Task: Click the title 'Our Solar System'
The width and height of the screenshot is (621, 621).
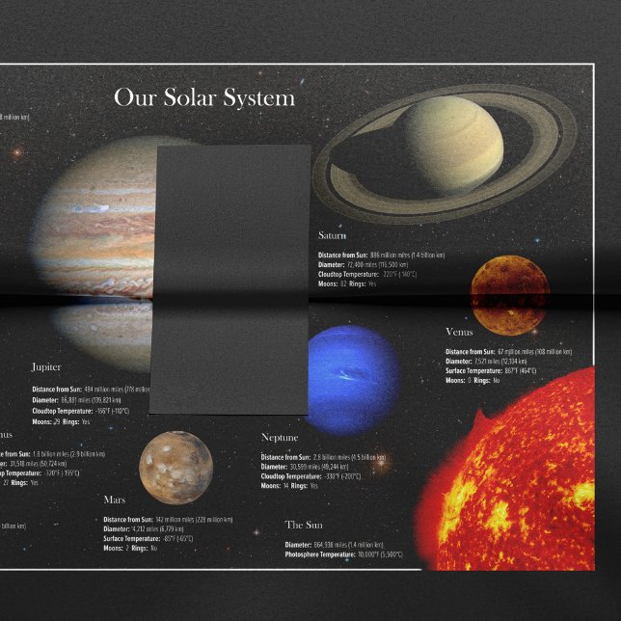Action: click(x=204, y=98)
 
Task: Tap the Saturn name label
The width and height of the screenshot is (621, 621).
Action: click(x=333, y=236)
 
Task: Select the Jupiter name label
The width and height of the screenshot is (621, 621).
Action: click(x=46, y=367)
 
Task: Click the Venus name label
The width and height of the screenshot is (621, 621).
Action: click(x=459, y=333)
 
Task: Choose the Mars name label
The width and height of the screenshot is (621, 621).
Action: click(x=115, y=500)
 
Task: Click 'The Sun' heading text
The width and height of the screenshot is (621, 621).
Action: click(x=305, y=526)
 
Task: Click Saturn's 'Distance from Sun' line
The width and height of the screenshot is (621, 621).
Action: click(x=381, y=255)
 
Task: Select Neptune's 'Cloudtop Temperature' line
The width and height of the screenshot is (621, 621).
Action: click(x=310, y=476)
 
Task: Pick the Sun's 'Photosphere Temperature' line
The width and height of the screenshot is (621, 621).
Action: click(x=343, y=554)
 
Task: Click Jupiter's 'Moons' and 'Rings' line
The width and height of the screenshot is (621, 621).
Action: click(x=61, y=422)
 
